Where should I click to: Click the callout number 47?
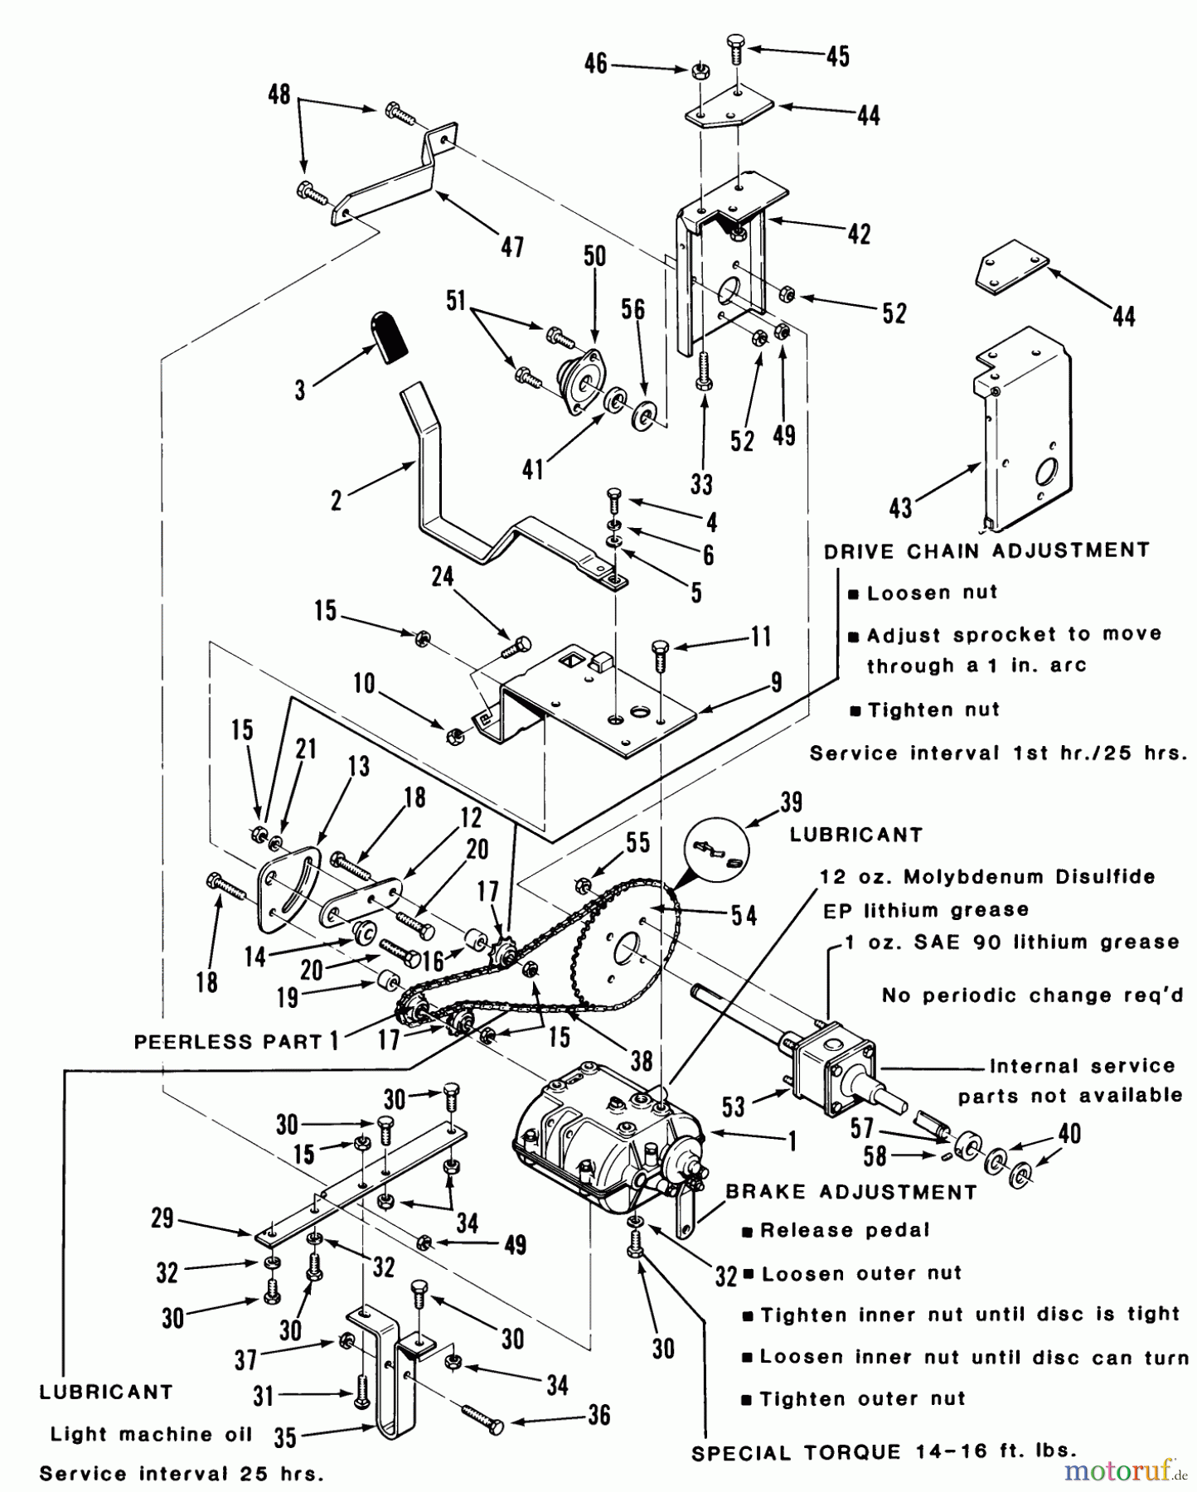(x=512, y=246)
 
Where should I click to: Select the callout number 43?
(x=900, y=508)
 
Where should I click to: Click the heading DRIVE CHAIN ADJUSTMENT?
(x=986, y=551)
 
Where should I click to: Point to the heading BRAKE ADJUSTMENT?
(x=851, y=1192)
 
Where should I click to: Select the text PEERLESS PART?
(x=228, y=1042)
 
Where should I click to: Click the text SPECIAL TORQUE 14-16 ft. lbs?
(x=884, y=1451)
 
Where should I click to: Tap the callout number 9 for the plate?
(x=777, y=682)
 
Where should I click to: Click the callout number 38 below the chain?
(x=641, y=1061)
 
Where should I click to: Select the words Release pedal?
(x=844, y=1230)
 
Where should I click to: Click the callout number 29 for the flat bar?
(x=162, y=1218)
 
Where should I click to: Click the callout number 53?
(x=733, y=1106)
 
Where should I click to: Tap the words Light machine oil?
(x=151, y=1434)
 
